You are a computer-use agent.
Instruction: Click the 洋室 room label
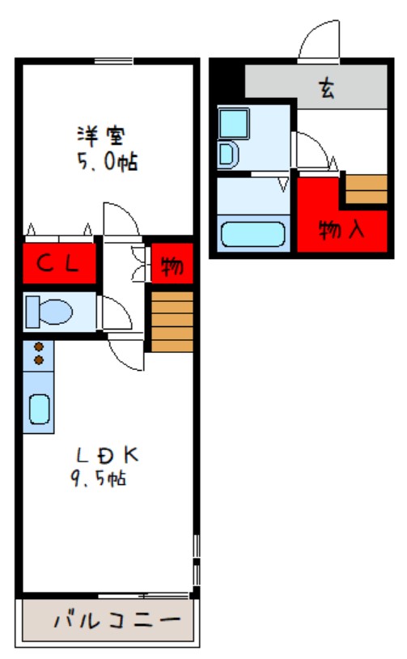(101, 136)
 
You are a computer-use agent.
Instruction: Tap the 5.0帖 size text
(107, 162)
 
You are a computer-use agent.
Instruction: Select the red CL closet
(58, 263)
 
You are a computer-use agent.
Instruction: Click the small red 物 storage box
(172, 263)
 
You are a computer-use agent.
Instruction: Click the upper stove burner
(39, 347)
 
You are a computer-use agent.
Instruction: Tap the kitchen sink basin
(39, 410)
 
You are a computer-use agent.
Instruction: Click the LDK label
(107, 455)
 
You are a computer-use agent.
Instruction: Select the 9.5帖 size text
(99, 478)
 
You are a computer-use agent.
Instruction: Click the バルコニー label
(117, 620)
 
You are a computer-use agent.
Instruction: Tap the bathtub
(253, 234)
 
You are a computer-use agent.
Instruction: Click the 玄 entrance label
(327, 88)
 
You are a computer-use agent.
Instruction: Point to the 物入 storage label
(341, 230)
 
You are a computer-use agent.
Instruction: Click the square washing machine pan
(234, 123)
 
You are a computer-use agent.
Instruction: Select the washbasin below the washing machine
(228, 155)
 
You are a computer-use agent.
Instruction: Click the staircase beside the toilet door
(172, 322)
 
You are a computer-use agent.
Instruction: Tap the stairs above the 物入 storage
(366, 189)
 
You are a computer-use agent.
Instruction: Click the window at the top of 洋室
(114, 62)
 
